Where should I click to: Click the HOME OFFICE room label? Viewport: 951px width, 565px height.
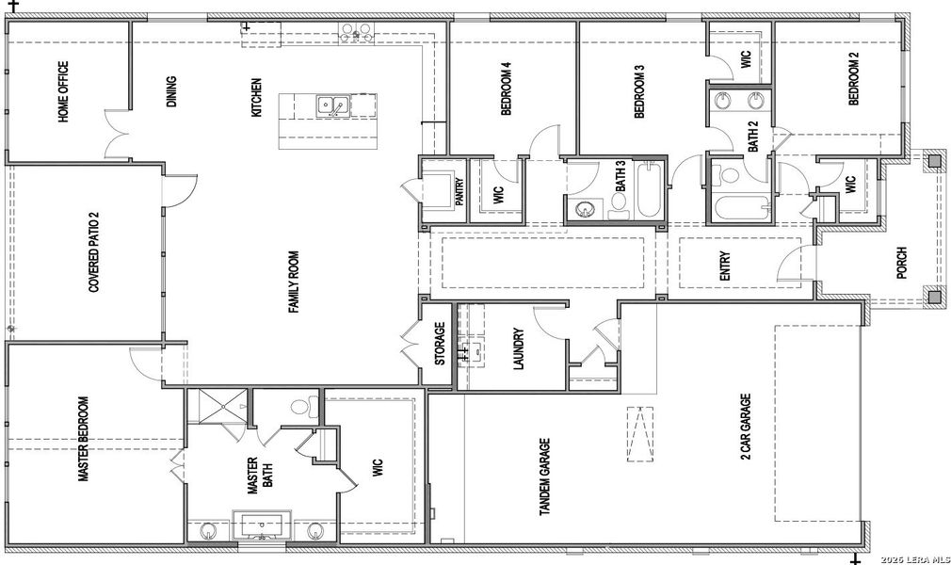click(63, 92)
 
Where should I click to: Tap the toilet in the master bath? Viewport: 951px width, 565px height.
click(299, 408)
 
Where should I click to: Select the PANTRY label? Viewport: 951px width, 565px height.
click(459, 192)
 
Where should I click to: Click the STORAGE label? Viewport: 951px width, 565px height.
click(439, 344)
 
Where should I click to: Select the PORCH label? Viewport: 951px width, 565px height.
click(901, 265)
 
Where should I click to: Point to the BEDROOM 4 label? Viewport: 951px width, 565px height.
click(506, 89)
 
